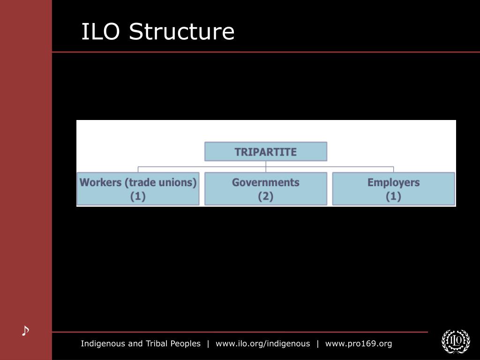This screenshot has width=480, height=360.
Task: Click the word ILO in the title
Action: pyautogui.click(x=102, y=32)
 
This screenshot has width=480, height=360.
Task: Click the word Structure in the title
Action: pyautogui.click(x=181, y=32)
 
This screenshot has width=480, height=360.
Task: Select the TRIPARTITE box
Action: pyautogui.click(x=265, y=152)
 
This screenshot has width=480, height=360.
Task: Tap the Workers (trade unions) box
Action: pyautogui.click(x=138, y=189)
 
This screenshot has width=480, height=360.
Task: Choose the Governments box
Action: pyautogui.click(x=265, y=189)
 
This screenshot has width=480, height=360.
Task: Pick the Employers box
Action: pyautogui.click(x=393, y=189)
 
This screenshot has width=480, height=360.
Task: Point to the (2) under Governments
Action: pyautogui.click(x=265, y=196)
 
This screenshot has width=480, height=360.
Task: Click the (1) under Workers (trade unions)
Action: pyautogui.click(x=138, y=196)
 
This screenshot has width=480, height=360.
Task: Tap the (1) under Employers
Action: pyautogui.click(x=393, y=196)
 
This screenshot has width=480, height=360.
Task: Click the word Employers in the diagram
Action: pyautogui.click(x=393, y=182)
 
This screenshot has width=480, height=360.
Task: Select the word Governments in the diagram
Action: pyautogui.click(x=265, y=182)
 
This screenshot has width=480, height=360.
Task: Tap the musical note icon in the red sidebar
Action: pyautogui.click(x=25, y=331)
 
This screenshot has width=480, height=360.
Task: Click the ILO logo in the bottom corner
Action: pyautogui.click(x=456, y=341)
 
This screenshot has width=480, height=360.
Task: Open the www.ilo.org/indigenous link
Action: pyautogui.click(x=262, y=344)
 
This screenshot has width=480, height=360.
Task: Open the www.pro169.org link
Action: pyautogui.click(x=359, y=344)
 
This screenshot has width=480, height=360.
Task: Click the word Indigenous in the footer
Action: pyautogui.click(x=101, y=344)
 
